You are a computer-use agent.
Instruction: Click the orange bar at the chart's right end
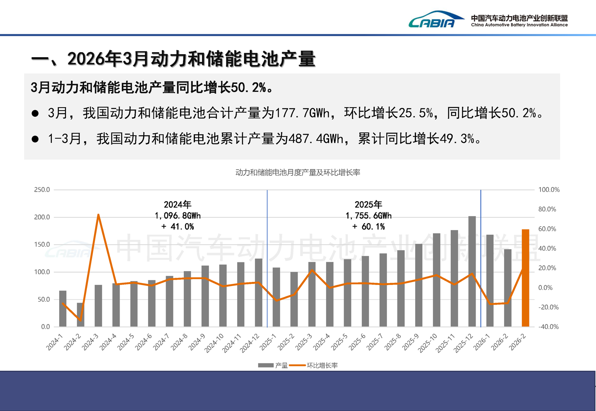pyautogui.click(x=525, y=278)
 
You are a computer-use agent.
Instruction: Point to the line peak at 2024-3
pyautogui.click(x=98, y=214)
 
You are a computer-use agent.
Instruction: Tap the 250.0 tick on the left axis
pyautogui.click(x=42, y=190)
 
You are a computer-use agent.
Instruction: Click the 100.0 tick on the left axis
pyautogui.click(x=42, y=272)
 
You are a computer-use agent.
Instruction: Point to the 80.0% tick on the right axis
pyautogui.click(x=547, y=209)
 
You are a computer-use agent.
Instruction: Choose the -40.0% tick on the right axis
pyautogui.click(x=548, y=327)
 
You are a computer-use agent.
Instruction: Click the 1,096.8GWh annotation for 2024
pyautogui.click(x=178, y=216)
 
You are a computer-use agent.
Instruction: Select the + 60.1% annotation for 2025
pyautogui.click(x=368, y=226)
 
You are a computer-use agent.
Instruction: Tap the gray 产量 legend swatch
pyautogui.click(x=266, y=365)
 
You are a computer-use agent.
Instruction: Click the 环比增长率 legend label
pyautogui.click(x=322, y=365)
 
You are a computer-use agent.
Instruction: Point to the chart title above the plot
pyautogui.click(x=298, y=173)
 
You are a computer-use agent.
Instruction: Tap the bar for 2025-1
pyautogui.click(x=276, y=297)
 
